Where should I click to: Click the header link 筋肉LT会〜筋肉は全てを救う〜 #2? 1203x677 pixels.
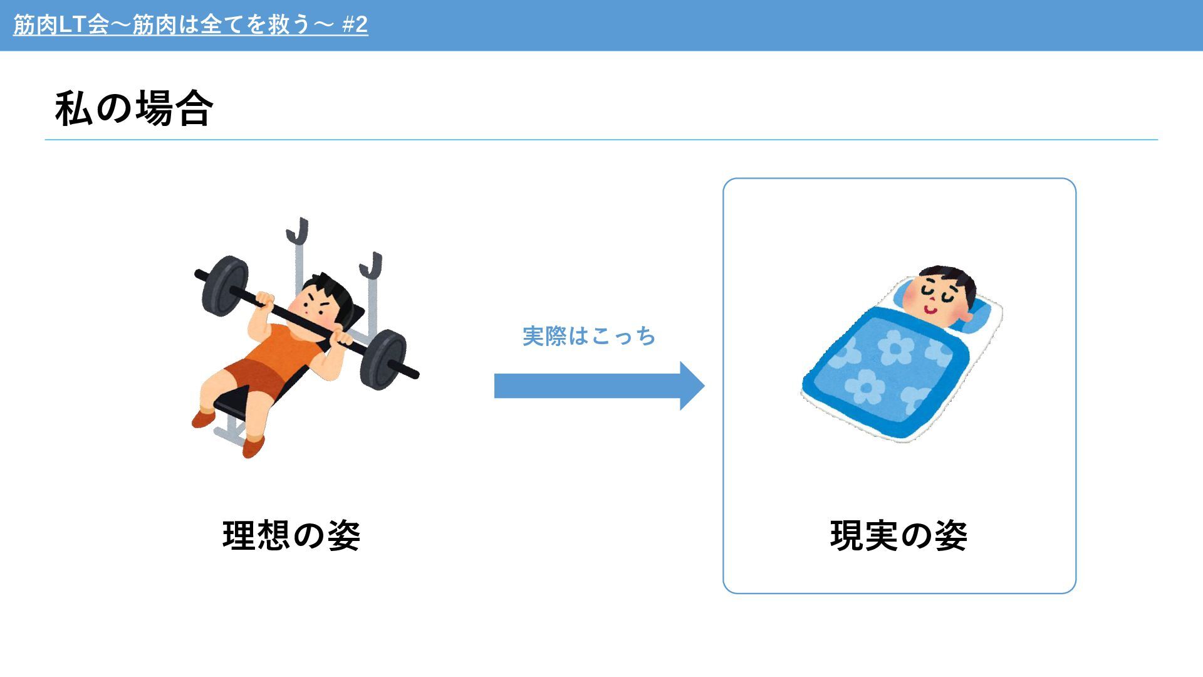click(x=190, y=24)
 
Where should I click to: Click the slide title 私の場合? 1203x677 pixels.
click(x=134, y=108)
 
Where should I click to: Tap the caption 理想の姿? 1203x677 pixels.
click(x=291, y=535)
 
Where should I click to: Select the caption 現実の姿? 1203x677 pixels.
click(x=899, y=535)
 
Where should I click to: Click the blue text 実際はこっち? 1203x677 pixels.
click(x=589, y=337)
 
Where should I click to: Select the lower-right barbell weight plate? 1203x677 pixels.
click(x=383, y=360)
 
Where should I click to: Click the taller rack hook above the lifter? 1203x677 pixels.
click(x=298, y=231)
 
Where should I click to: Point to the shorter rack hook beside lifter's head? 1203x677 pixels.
click(x=371, y=266)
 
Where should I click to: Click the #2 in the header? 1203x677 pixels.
click(x=355, y=24)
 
